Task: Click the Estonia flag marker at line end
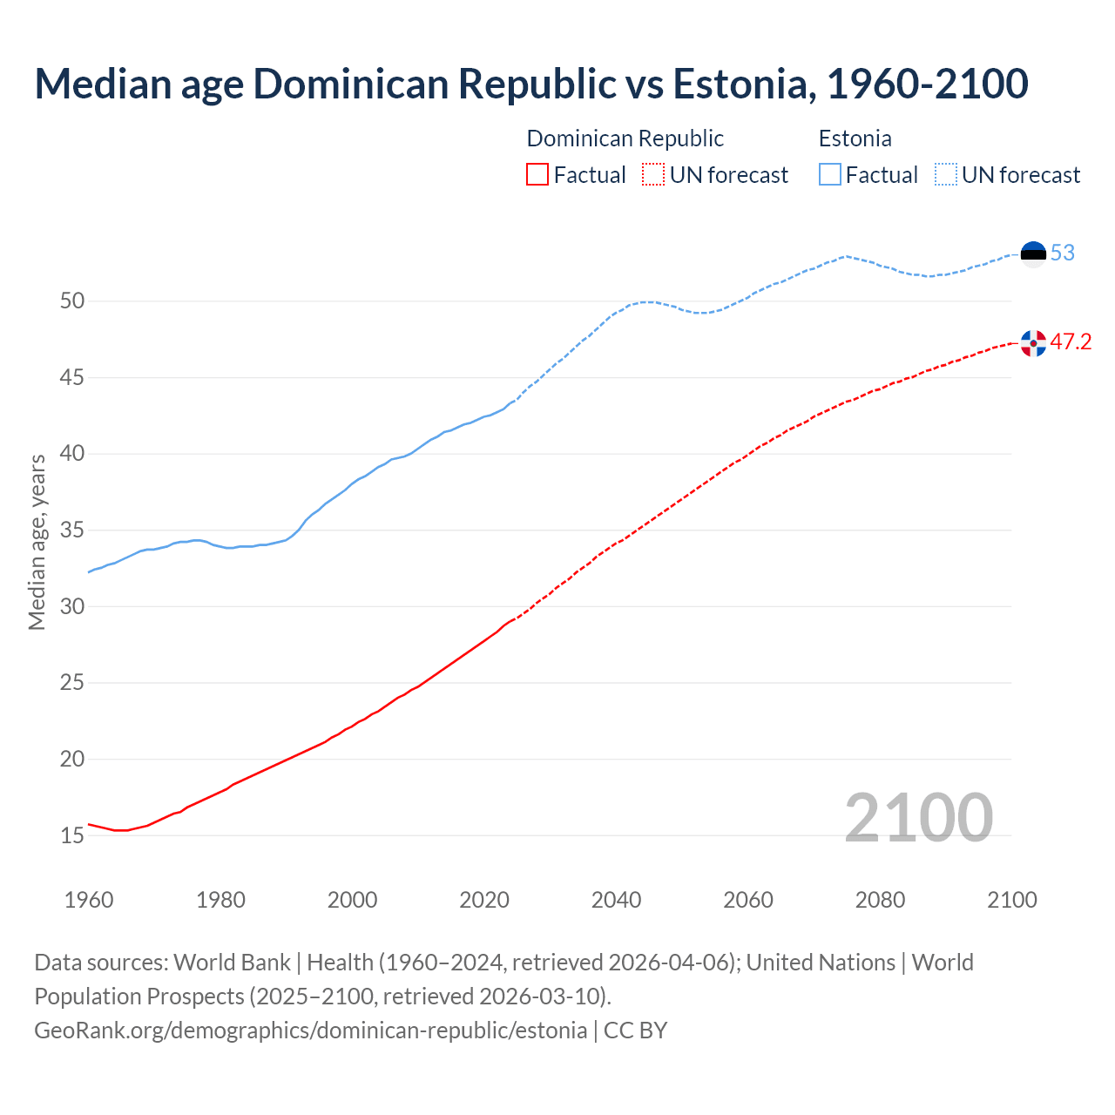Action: coord(1033,253)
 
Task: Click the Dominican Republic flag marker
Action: coord(1033,343)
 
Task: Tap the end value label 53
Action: coord(1063,253)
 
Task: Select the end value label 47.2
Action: coord(1071,342)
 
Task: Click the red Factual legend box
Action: coord(537,175)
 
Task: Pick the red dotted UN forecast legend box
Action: coord(653,175)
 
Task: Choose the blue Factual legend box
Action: coord(830,175)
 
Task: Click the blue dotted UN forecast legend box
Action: coord(945,175)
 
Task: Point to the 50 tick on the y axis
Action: coord(72,301)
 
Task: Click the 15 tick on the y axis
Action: coord(72,835)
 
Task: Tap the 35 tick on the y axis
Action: coord(72,530)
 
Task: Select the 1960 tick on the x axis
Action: coord(89,900)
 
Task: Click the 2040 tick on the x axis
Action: coord(616,900)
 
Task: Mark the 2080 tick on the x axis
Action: coord(880,900)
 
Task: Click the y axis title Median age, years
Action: coord(37,542)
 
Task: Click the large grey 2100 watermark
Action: coord(918,818)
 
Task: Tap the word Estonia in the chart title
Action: coord(744,84)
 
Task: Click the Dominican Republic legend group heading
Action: coord(625,139)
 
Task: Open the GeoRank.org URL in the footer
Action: coord(310,1031)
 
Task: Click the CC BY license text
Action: coord(636,1031)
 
